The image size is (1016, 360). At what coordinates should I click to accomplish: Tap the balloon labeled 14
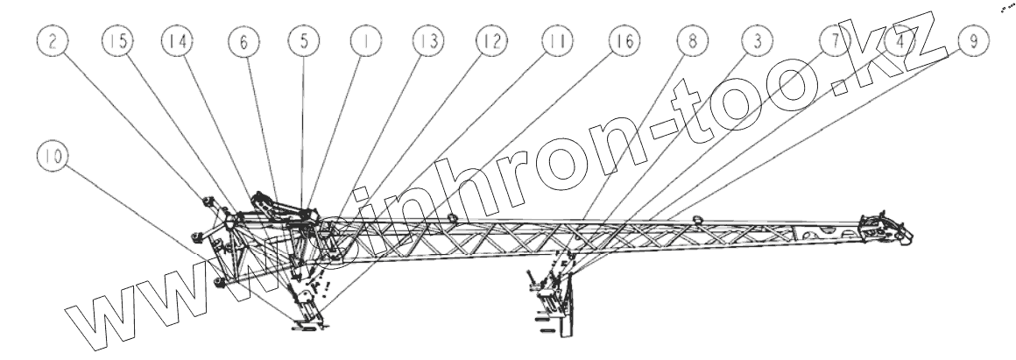coord(177,42)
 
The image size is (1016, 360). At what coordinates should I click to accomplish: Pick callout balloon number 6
coord(239,42)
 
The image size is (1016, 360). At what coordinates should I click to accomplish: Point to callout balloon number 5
coord(302,42)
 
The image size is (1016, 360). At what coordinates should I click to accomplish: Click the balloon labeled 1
coord(363,42)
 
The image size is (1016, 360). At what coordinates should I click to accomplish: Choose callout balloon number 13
coord(428,42)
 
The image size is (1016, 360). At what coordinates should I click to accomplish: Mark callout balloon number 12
coord(490,42)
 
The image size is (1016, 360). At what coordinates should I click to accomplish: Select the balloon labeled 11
coord(554,42)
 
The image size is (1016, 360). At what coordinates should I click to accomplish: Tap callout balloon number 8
coord(692,42)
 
